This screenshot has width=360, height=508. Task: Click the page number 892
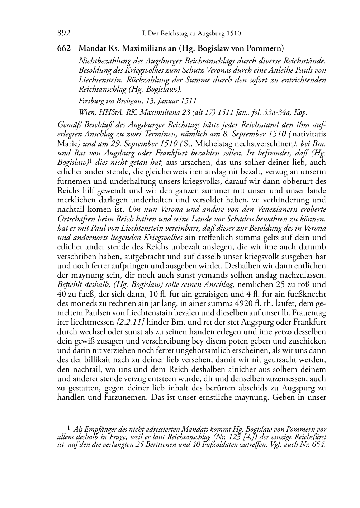[x=63, y=34]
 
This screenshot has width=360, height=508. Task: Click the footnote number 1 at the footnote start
[x=68, y=427]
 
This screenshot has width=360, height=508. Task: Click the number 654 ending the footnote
[x=319, y=445]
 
